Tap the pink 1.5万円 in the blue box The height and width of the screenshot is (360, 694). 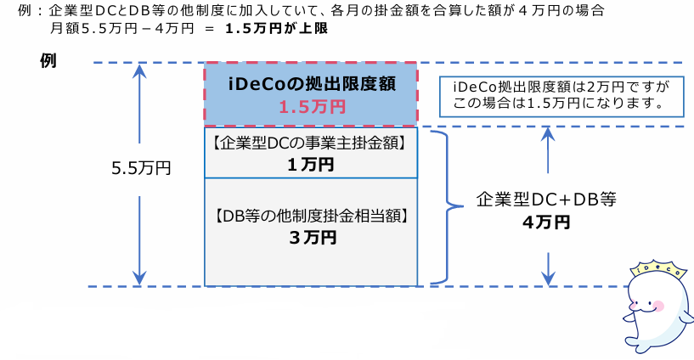[311, 108]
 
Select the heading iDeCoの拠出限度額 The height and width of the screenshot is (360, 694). [311, 84]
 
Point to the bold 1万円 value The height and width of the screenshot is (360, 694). [311, 164]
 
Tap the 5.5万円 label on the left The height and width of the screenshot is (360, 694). [141, 168]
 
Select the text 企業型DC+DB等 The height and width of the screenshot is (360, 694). [545, 200]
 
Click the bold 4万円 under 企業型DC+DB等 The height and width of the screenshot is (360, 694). [545, 222]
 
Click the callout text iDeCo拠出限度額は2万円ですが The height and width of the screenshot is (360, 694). [550, 87]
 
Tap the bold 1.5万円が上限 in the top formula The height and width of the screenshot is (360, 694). [277, 28]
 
